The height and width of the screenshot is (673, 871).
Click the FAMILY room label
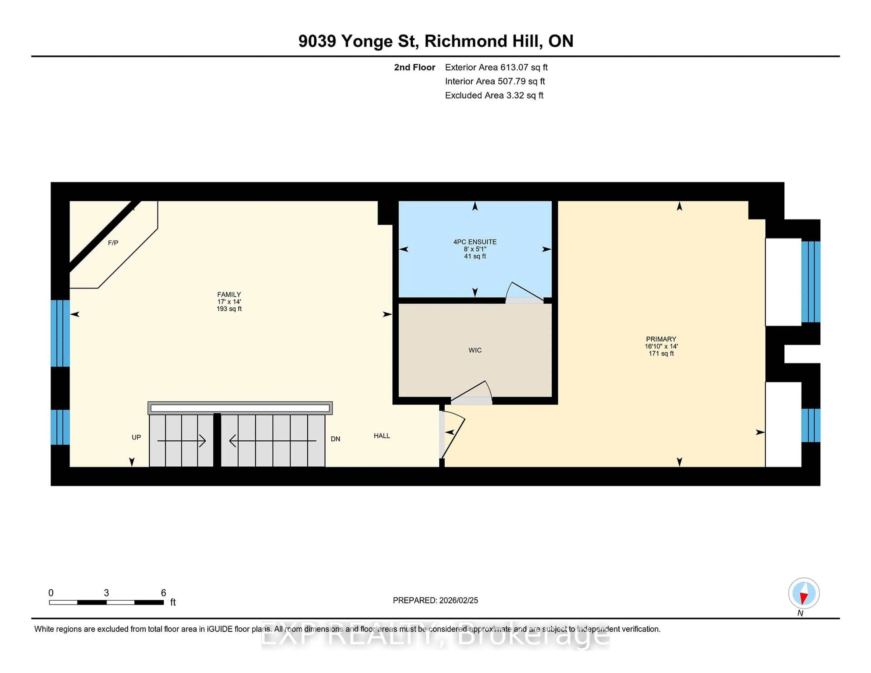pos(229,295)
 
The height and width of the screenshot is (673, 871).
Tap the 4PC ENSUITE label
pos(475,242)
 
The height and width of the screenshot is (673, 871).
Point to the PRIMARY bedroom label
pos(661,339)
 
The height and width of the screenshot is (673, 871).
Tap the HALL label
pos(382,436)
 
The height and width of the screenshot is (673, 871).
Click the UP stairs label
pos(136,437)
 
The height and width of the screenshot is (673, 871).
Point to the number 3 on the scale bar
pos(106,593)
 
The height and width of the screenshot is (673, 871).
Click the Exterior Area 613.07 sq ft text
pos(496,67)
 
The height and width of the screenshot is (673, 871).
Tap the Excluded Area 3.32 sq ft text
pos(494,95)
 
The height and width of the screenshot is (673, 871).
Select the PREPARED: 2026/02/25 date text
pos(435,600)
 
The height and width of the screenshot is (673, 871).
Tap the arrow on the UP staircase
pos(181,441)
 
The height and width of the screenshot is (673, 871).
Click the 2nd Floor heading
pos(414,67)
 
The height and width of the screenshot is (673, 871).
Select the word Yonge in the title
pos(367,41)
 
